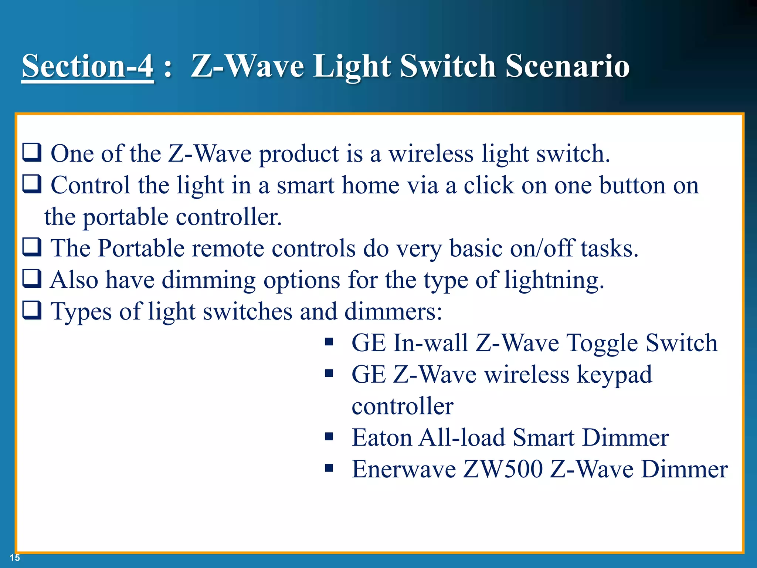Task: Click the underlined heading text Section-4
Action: (x=88, y=66)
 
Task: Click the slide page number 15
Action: (x=15, y=558)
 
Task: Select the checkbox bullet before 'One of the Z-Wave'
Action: (x=32, y=153)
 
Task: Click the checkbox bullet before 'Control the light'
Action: (x=32, y=184)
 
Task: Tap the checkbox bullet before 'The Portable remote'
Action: (x=32, y=247)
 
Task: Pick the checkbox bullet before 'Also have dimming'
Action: (x=32, y=279)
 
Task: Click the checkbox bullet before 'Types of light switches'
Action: (x=32, y=311)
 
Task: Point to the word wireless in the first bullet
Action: (x=431, y=153)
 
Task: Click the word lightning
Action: (x=554, y=280)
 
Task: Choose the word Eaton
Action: (x=381, y=438)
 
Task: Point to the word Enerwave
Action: (x=404, y=470)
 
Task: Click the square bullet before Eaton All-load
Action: (x=329, y=437)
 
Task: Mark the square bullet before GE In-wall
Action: (x=329, y=342)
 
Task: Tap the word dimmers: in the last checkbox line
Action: (x=393, y=311)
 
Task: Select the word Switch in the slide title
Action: (x=448, y=66)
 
